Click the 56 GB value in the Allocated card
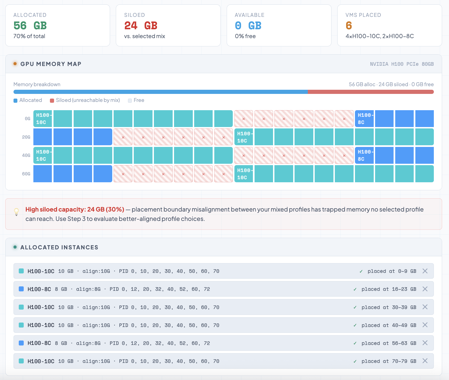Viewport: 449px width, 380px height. click(30, 26)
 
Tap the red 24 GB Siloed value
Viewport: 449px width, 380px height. click(141, 26)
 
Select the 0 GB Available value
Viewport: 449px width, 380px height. click(248, 26)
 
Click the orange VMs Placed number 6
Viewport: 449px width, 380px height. click(349, 26)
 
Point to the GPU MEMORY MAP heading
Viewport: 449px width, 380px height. click(51, 64)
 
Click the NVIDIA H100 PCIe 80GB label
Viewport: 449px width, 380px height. click(402, 64)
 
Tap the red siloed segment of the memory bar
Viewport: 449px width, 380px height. click(370, 92)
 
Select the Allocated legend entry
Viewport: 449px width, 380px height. click(28, 100)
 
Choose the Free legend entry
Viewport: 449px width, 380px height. click(136, 100)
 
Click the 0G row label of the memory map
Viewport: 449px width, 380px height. click(28, 119)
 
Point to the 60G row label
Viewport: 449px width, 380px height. click(26, 174)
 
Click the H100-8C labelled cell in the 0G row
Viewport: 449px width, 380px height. click(364, 119)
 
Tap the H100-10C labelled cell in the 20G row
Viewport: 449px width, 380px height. click(244, 137)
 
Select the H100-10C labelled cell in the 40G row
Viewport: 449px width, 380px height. click(43, 155)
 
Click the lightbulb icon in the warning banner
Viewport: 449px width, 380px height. click(17, 212)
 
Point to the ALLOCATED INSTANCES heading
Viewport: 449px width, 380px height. click(59, 247)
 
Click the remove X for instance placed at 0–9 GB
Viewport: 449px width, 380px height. click(425, 271)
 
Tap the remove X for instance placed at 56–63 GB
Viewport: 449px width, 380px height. click(425, 343)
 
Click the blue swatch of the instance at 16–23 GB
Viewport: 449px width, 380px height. click(21, 289)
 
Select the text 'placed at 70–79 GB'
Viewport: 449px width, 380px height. click(389, 361)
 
